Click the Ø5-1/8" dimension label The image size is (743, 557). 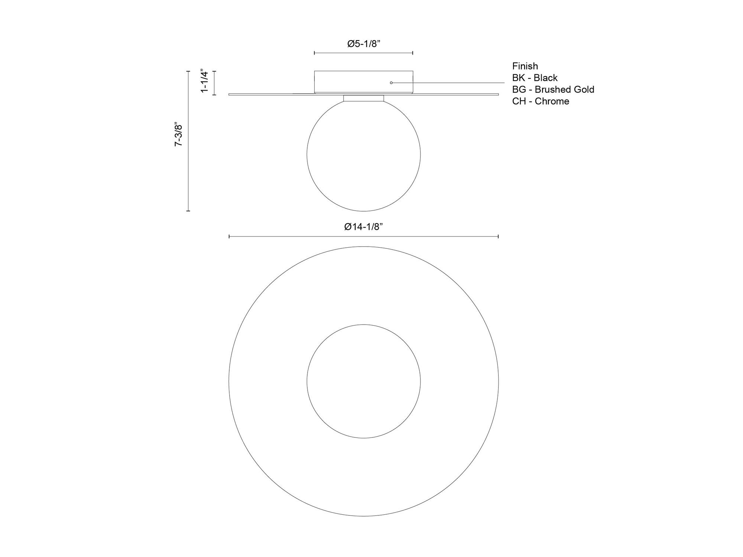tap(364, 44)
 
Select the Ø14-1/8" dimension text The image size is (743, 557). tap(363, 227)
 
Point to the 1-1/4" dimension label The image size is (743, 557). tap(205, 81)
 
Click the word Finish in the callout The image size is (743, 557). tap(525, 66)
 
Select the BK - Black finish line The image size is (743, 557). tap(535, 78)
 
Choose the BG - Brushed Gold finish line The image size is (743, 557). tap(553, 89)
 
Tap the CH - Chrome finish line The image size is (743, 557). tap(541, 101)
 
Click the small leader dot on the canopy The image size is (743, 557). tap(391, 82)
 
